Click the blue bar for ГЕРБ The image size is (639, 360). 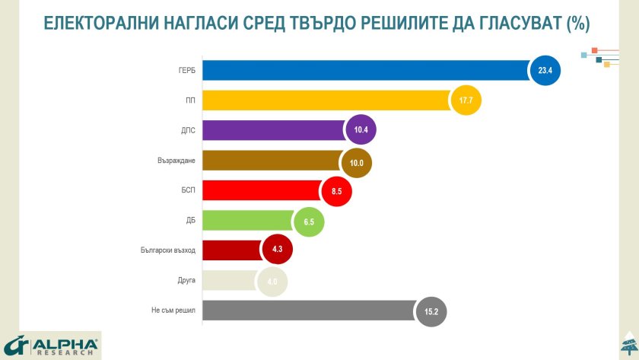click(x=365, y=71)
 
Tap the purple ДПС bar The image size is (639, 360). click(x=274, y=130)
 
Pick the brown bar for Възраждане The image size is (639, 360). click(x=271, y=161)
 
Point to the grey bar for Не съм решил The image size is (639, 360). click(x=308, y=311)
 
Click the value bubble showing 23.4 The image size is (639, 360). click(x=544, y=71)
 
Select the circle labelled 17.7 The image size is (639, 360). click(x=466, y=100)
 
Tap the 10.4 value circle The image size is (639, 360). click(x=361, y=130)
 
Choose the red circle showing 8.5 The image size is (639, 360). click(x=336, y=191)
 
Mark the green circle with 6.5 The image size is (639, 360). click(x=308, y=221)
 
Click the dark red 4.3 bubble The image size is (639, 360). click(x=277, y=250)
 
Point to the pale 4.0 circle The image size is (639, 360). click(x=272, y=281)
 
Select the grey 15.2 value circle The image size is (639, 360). click(x=431, y=311)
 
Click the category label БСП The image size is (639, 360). click(x=187, y=190)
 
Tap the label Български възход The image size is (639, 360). click(x=168, y=250)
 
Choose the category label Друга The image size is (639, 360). click(x=186, y=280)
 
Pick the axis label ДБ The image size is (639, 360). click(x=190, y=221)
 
